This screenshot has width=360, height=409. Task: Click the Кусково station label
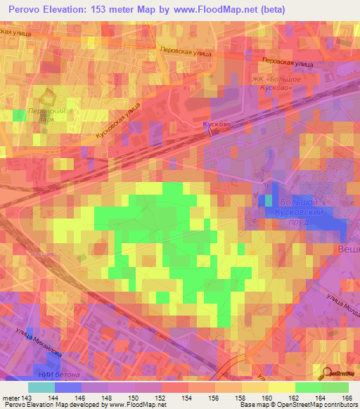217,124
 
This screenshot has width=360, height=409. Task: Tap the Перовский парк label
47,116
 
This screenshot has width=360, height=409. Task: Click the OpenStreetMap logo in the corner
340,373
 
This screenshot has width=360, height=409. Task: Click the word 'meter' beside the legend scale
11,397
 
